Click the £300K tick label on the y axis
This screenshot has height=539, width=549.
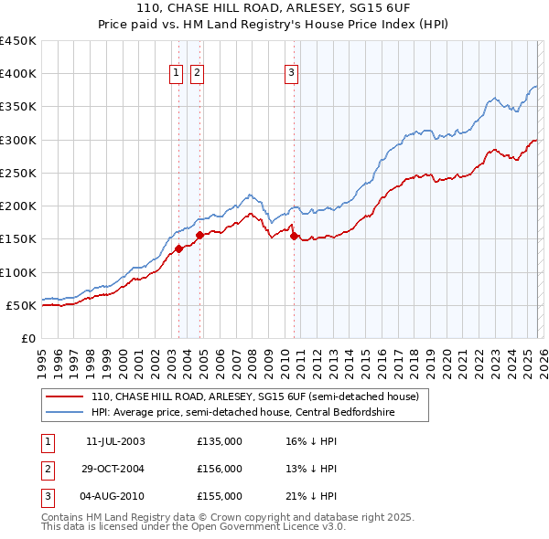[x=18, y=140]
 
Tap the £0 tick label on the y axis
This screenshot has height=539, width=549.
[x=28, y=338]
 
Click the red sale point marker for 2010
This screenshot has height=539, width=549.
[x=294, y=236]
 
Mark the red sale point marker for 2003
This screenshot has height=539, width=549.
[x=179, y=248]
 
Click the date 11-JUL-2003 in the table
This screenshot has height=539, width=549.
[x=115, y=441]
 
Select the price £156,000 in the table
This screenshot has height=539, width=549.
[x=220, y=469]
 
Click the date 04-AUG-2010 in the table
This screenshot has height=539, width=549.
[x=115, y=496]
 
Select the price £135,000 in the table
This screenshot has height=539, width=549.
[x=220, y=441]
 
